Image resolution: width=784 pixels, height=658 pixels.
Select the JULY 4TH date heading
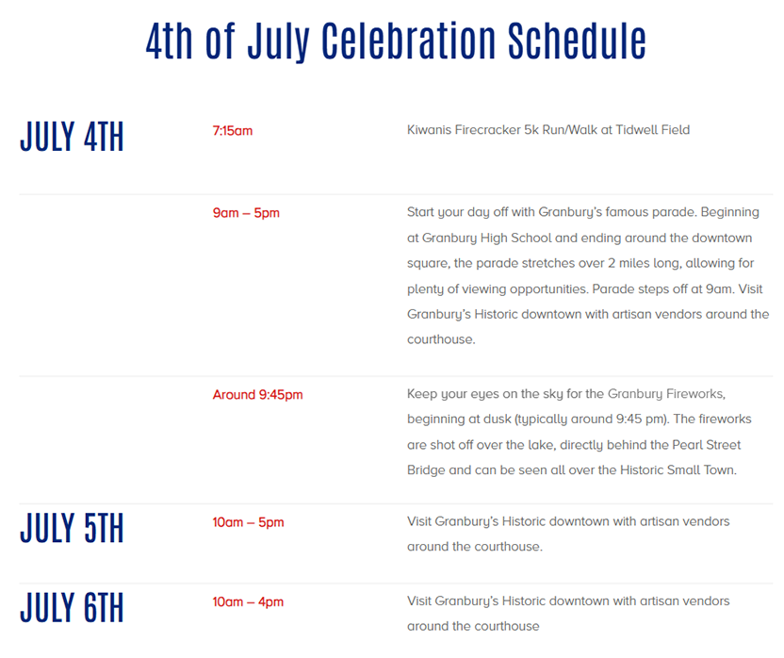point(72,136)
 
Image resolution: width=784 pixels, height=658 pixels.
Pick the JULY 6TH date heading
point(72,607)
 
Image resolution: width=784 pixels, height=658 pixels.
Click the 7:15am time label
point(233,131)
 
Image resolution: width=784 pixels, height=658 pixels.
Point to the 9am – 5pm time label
point(246,213)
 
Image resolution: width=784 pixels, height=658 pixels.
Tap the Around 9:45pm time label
point(257,394)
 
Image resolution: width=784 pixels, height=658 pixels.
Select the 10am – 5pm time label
point(248,522)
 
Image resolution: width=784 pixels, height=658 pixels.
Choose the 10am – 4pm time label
point(248,601)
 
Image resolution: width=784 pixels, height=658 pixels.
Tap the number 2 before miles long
point(612,263)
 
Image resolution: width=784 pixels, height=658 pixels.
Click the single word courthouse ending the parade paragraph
point(441,339)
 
